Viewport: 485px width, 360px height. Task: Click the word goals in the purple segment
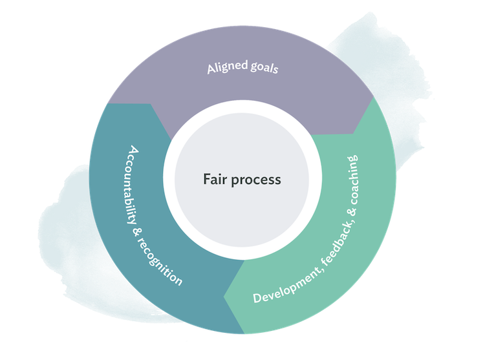click(264, 67)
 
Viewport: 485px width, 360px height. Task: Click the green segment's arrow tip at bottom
click(224, 297)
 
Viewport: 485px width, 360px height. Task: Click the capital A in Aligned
click(211, 70)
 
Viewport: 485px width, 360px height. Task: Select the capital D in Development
click(257, 298)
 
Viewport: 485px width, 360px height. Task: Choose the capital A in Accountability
click(133, 151)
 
